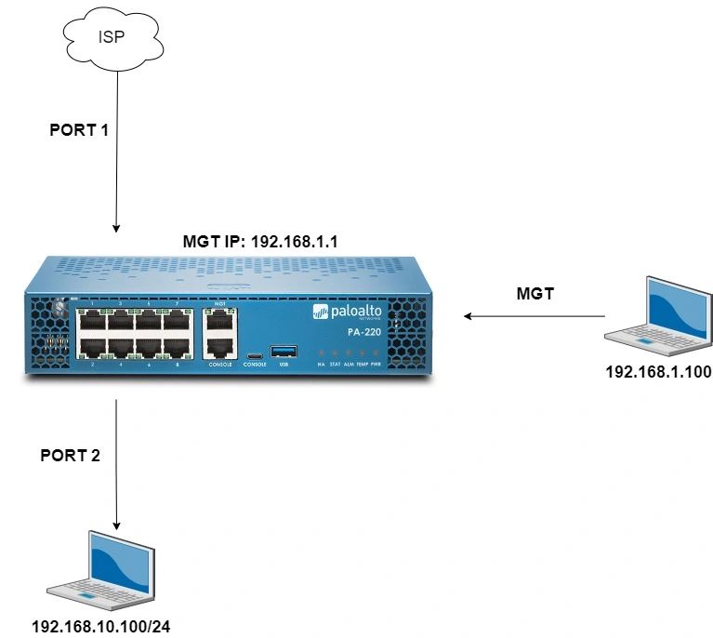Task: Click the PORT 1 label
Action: pos(79,131)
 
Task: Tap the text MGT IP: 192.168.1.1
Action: pos(260,241)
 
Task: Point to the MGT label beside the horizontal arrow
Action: pos(535,294)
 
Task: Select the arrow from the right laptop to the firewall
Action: pos(534,317)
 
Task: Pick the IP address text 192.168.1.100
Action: pos(658,372)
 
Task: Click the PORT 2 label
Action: pos(70,456)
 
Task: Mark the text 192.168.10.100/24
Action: pos(101,626)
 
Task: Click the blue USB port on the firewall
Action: pos(281,351)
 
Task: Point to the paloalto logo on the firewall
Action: pos(348,312)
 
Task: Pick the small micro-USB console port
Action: pos(253,353)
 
